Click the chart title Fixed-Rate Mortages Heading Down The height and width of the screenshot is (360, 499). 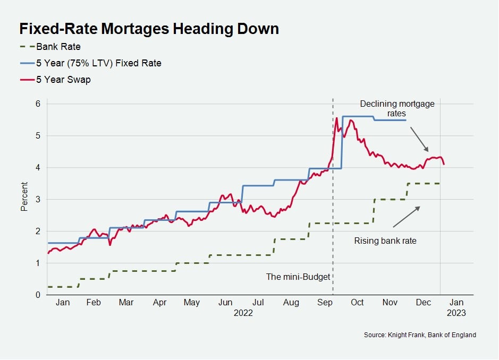(149, 29)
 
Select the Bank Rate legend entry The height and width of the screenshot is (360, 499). (58, 46)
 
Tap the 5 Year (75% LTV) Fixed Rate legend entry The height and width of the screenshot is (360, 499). (98, 63)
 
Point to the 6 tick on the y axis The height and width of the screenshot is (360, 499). (38, 104)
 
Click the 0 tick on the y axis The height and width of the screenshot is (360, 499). (38, 295)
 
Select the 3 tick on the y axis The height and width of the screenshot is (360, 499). (38, 199)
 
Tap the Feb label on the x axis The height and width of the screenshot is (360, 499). (93, 303)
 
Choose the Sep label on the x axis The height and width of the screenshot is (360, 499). (324, 303)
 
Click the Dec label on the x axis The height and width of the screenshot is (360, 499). (424, 303)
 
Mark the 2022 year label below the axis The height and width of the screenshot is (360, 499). (243, 313)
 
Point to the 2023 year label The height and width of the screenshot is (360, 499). (456, 313)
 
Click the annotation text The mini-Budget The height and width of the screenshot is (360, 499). (298, 277)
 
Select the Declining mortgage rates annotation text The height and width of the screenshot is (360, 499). (396, 108)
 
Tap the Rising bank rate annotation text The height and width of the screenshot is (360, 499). (385, 241)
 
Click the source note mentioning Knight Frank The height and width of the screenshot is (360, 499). (420, 335)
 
